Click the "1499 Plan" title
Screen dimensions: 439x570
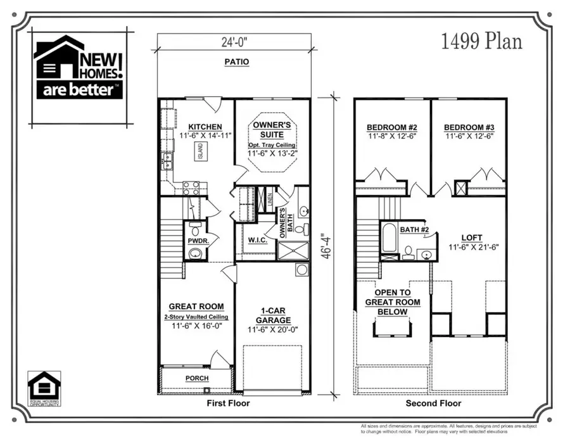pos(481,42)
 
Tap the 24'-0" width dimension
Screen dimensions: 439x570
pos(234,42)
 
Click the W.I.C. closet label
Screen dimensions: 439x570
pos(256,239)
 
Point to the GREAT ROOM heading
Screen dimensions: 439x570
pos(196,307)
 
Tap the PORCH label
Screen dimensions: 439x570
pos(196,378)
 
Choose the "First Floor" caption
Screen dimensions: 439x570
pos(228,403)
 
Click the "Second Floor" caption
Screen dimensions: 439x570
pos(433,403)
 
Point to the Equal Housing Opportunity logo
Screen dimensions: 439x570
pos(44,388)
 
